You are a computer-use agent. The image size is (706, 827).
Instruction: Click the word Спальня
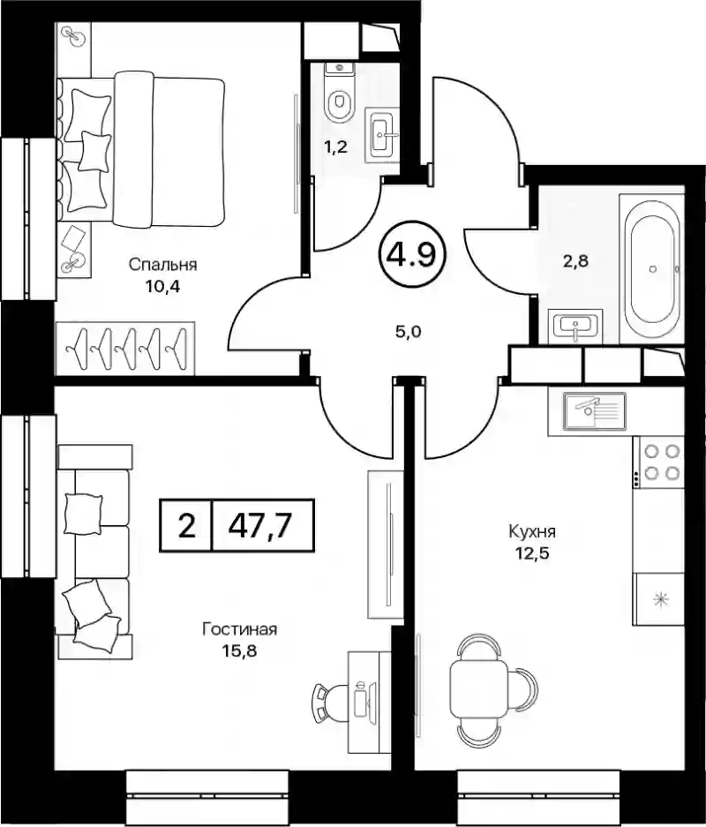pyautogui.click(x=162, y=265)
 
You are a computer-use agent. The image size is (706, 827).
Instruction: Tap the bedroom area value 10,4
pyautogui.click(x=163, y=288)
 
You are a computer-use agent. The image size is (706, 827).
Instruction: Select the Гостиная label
pyautogui.click(x=239, y=629)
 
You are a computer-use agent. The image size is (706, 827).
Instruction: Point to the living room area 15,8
pyautogui.click(x=240, y=650)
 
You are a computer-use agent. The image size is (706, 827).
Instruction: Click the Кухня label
pyautogui.click(x=532, y=531)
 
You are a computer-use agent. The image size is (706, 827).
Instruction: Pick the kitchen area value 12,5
pyautogui.click(x=532, y=553)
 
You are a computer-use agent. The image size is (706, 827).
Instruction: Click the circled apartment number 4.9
pyautogui.click(x=412, y=255)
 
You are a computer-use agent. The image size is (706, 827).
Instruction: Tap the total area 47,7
pyautogui.click(x=260, y=525)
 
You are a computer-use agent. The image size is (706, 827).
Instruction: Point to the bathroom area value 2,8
pyautogui.click(x=575, y=260)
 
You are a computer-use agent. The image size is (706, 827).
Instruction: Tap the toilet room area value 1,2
pyautogui.click(x=335, y=147)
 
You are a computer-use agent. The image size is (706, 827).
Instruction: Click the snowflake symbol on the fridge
pyautogui.click(x=660, y=599)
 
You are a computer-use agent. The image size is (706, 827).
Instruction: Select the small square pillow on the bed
pyautogui.click(x=94, y=151)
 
